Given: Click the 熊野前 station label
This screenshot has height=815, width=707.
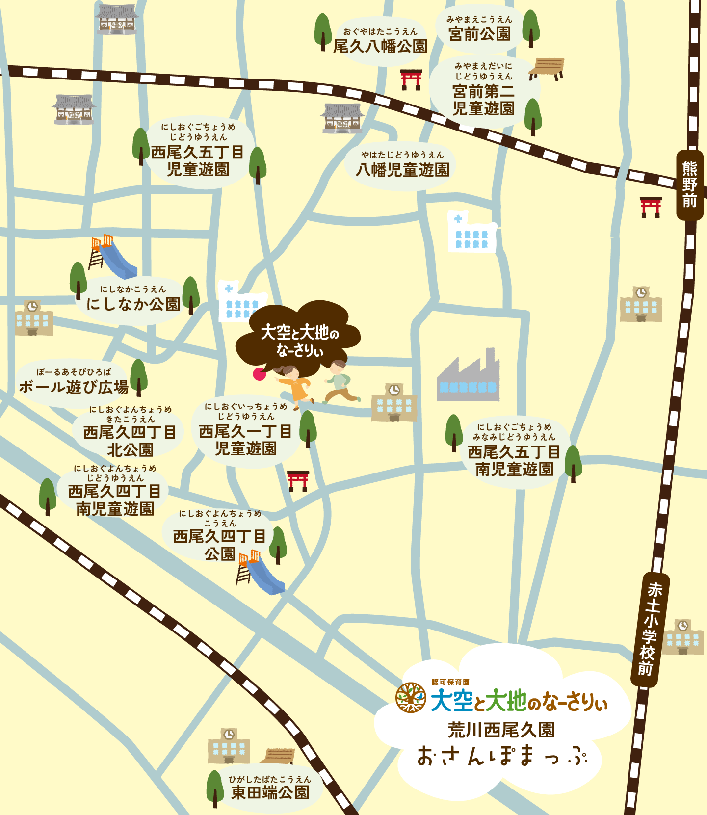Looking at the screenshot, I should pos(690,185).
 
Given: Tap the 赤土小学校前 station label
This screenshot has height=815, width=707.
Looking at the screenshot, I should pos(650,629).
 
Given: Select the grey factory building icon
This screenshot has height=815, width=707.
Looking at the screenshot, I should pos(468,377).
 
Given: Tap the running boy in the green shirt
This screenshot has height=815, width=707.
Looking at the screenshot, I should pos(340,381).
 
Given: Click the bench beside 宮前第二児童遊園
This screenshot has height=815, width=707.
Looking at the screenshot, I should pos(547,69).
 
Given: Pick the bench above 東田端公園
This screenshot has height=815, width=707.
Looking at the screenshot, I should pos(277,756).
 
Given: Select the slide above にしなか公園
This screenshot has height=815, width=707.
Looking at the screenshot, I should pos(112,256).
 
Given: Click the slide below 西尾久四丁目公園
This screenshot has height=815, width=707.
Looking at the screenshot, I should pos(260,572).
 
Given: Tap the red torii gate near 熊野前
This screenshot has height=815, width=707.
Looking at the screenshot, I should pos(651,207).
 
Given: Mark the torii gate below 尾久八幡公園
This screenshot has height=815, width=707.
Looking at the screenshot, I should pos(411,79).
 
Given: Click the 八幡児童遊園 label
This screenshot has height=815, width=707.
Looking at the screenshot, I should pos(402,169).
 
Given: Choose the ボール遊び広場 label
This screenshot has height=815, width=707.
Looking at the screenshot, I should pos(74,387).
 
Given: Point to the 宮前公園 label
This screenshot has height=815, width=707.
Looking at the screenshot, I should pos(480,33).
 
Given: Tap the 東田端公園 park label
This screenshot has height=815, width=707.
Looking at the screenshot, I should pos(270,791).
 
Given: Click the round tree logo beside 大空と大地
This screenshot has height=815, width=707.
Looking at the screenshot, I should pos(411,697).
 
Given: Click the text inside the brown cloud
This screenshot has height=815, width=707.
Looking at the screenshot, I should pos(300,341).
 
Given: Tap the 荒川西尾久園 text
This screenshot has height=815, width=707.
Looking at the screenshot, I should pos(501,730).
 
